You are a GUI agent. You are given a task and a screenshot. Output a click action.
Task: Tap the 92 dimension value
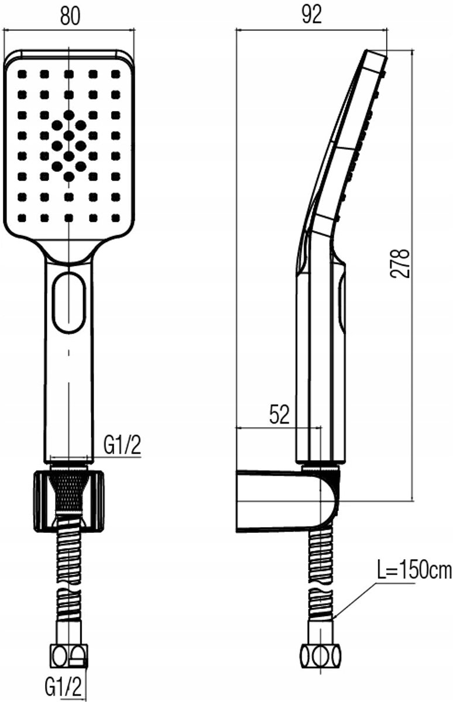click(312, 15)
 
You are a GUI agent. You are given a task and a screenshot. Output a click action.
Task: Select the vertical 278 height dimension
click(400, 264)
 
